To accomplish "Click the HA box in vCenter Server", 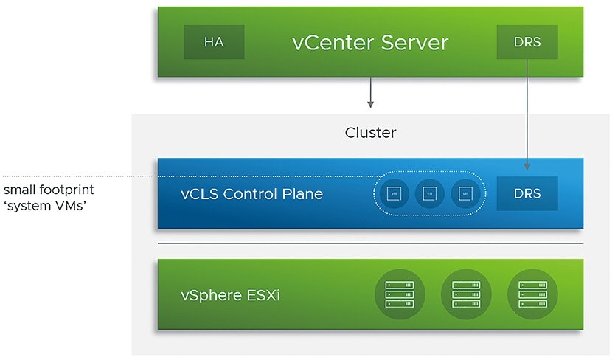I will click(214, 42).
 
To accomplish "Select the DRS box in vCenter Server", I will click(527, 42).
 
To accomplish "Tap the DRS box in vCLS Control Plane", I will click(527, 194).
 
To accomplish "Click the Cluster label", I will click(370, 134).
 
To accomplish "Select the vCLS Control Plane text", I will click(251, 195).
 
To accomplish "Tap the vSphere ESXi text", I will click(230, 296).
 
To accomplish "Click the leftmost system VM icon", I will click(394, 194).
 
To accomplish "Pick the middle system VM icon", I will click(429, 194).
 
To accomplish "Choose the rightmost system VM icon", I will click(465, 194).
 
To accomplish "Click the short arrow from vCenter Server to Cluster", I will click(370, 92).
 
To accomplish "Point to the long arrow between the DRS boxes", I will click(527, 111).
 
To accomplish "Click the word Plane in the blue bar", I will click(303, 195).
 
